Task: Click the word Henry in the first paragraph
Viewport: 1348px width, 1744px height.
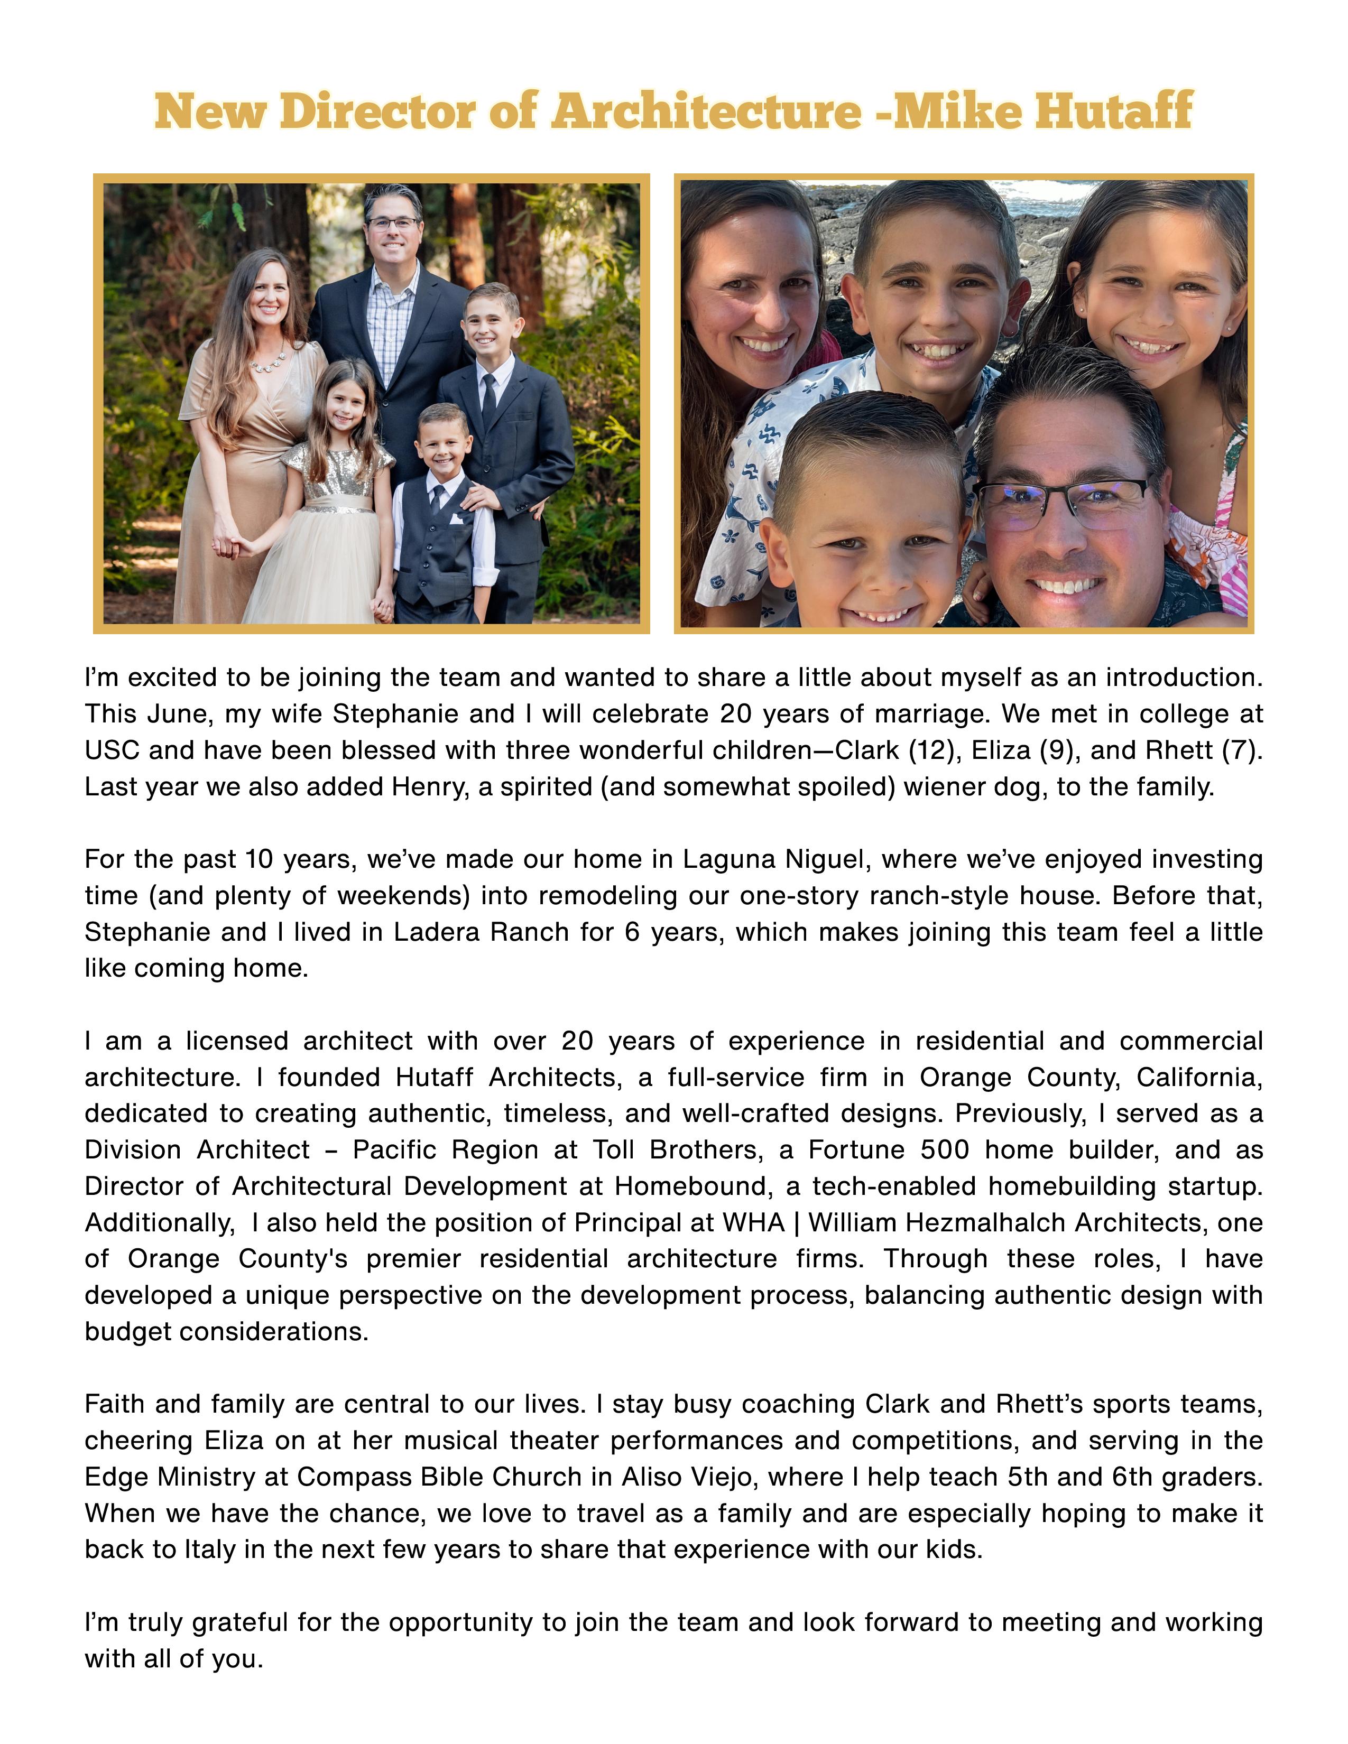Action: tap(427, 787)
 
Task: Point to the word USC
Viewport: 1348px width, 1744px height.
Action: tap(112, 750)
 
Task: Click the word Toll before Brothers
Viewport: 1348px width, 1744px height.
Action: tap(613, 1150)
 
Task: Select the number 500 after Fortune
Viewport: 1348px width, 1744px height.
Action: tap(945, 1150)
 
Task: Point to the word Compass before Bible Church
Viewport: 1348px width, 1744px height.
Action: tap(349, 1477)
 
